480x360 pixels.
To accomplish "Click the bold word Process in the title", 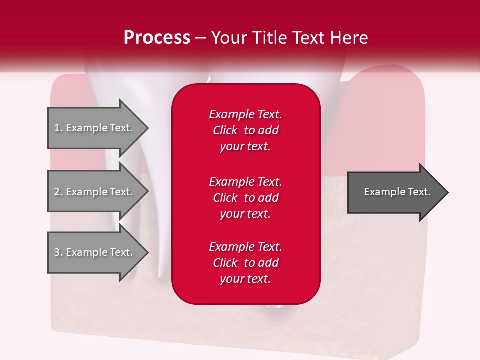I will pyautogui.click(x=157, y=38).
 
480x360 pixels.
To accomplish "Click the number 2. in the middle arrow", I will pyautogui.click(x=58, y=192).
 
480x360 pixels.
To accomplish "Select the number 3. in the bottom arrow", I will pyautogui.click(x=58, y=252).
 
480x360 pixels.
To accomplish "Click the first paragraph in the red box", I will pyautogui.click(x=245, y=130).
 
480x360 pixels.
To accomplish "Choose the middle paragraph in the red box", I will pyautogui.click(x=245, y=198).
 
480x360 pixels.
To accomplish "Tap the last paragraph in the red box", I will pyautogui.click(x=245, y=263).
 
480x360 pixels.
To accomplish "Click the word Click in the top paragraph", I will pyautogui.click(x=225, y=130).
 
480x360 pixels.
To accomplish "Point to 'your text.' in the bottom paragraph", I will pyautogui.click(x=245, y=279).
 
